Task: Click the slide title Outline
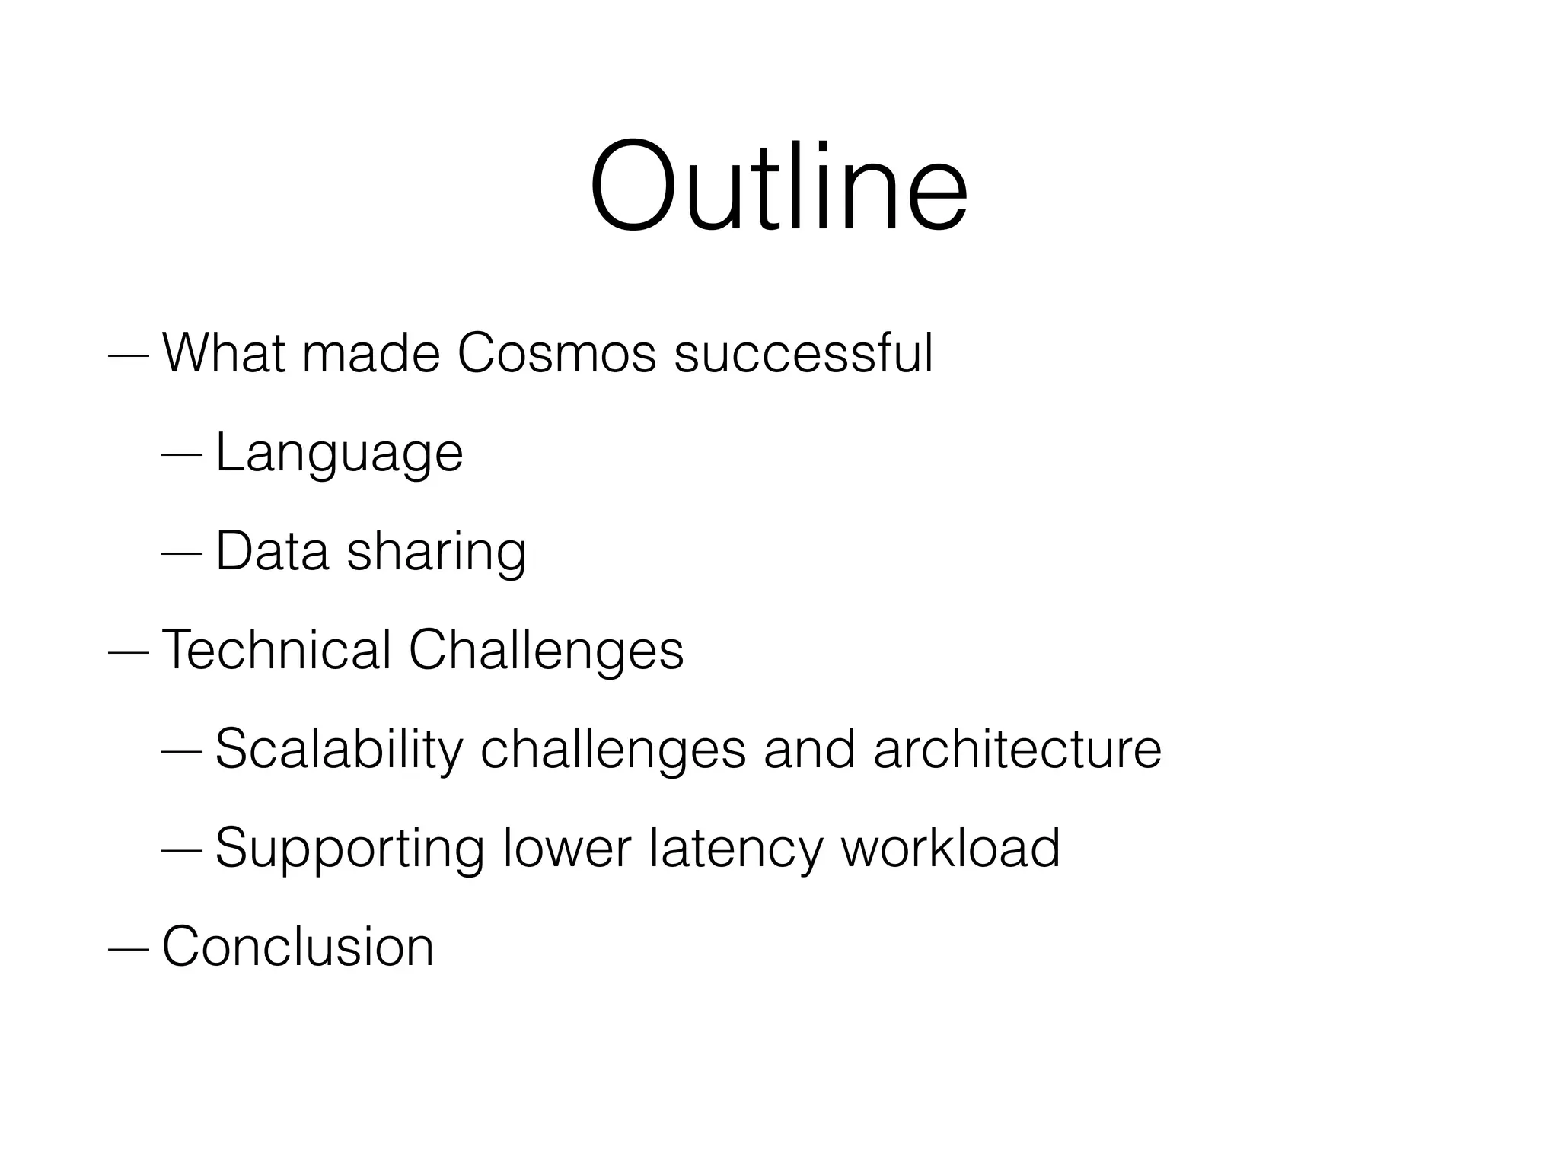tap(778, 186)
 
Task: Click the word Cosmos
tap(556, 354)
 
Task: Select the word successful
tap(803, 354)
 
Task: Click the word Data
tap(272, 551)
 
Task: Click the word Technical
tap(276, 650)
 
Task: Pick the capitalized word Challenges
tap(546, 651)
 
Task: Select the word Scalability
tap(339, 750)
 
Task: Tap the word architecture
tap(1017, 749)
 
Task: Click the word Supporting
tap(349, 849)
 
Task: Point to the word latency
tap(735, 849)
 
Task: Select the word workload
tap(950, 848)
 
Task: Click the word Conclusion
tap(298, 947)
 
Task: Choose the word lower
tap(567, 848)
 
